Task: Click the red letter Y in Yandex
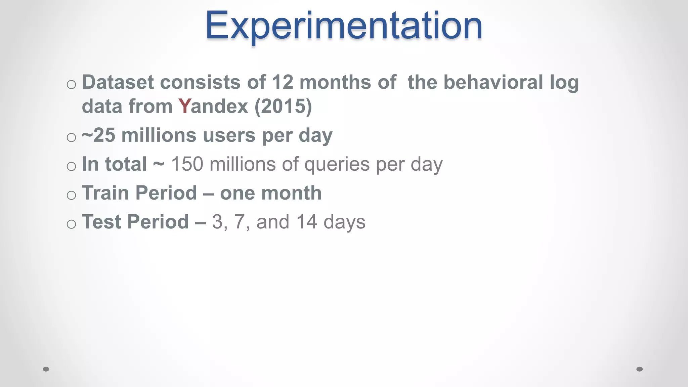coord(184,106)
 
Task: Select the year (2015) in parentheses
coord(283,106)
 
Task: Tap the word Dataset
coord(118,82)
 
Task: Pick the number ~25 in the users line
coord(98,135)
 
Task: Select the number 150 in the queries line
coord(187,164)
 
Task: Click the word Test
coord(102,222)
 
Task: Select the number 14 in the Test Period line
coord(306,222)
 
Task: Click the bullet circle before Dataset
coord(71,84)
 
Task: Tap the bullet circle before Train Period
coord(71,195)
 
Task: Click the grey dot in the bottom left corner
coord(46,369)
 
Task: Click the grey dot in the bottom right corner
coord(640,369)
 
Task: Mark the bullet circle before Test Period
coord(71,224)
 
